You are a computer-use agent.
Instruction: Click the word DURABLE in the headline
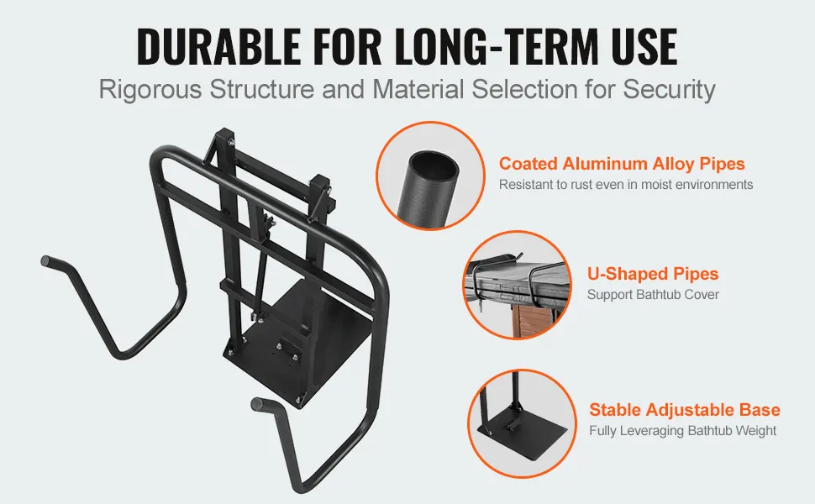tap(218, 46)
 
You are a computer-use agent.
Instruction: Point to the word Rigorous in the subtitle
tap(150, 89)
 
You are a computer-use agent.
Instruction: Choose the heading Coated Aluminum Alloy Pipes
tap(622, 164)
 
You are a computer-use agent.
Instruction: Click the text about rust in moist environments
tap(626, 185)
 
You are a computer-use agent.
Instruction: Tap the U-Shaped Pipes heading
tap(653, 274)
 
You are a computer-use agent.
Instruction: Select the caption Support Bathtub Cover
tap(653, 295)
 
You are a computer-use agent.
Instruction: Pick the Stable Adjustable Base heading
tap(685, 410)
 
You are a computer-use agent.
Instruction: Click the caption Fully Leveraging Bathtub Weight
tap(682, 431)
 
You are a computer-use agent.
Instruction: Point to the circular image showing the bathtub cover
tap(518, 286)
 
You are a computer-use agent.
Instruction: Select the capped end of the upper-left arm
tap(46, 261)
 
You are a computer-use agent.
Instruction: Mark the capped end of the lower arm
tap(257, 404)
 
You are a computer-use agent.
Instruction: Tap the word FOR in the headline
tap(347, 46)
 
